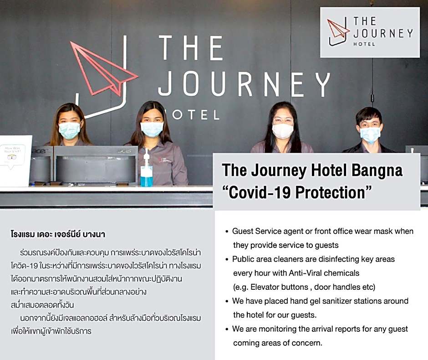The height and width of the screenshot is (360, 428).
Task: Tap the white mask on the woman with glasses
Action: click(283, 131)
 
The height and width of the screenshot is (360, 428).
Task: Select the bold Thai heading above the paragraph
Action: click(58, 234)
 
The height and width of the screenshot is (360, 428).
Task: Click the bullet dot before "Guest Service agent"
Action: click(227, 232)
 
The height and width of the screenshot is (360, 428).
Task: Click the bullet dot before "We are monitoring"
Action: click(227, 329)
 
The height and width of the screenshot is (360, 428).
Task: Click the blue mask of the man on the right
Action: click(370, 135)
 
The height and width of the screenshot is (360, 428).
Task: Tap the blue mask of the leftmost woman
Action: click(69, 130)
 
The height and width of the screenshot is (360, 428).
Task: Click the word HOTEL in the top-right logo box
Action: click(364, 44)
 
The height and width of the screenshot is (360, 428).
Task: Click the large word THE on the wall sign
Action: click(191, 48)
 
